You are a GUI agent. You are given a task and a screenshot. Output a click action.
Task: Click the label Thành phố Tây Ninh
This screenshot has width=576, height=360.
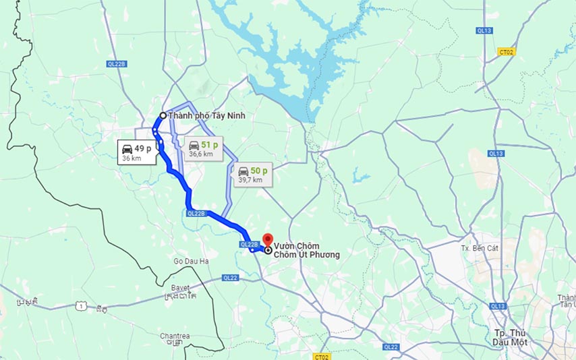click(206, 116)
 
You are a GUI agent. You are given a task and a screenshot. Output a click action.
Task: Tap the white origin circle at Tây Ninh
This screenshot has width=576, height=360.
click(163, 115)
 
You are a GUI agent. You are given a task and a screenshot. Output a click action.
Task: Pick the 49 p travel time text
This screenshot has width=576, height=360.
click(143, 148)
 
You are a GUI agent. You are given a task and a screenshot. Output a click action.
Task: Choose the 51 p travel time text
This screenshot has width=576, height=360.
click(210, 145)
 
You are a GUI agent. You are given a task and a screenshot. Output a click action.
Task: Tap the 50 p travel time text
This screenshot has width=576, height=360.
click(259, 171)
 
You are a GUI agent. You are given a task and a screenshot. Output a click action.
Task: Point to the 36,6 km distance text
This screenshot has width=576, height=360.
click(200, 154)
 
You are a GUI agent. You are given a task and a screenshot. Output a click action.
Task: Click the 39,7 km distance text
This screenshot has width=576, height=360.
click(250, 180)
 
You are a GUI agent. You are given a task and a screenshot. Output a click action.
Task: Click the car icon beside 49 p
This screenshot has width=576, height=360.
click(126, 149)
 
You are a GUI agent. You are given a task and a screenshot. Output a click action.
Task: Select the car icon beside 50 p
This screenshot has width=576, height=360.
click(243, 171)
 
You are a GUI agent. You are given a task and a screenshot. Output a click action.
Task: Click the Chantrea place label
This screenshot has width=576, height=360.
click(174, 335)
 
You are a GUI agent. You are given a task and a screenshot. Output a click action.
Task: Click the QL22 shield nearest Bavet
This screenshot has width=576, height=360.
click(231, 278)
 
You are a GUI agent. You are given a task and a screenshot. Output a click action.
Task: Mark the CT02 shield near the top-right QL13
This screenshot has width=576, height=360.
click(506, 51)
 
